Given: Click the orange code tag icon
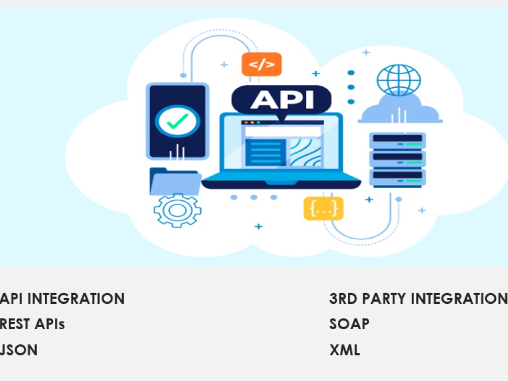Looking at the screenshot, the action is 262,64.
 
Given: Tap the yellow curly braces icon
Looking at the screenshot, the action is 323,208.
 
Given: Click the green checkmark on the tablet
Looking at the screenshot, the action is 177,121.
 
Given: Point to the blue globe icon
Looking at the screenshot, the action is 398,80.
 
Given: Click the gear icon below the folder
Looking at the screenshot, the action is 177,210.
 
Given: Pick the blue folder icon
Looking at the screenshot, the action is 175,181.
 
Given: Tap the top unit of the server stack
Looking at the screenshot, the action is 398,141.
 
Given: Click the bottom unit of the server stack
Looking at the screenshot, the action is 398,178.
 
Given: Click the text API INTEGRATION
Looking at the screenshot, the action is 62,298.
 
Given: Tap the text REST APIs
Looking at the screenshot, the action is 33,324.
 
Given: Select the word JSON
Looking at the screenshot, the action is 19,350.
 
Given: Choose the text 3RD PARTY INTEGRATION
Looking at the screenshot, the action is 418,298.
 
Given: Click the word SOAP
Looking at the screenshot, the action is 350,324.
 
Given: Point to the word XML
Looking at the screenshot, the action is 344,350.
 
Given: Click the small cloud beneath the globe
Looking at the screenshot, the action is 400,109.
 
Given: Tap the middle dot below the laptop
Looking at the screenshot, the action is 253,197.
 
